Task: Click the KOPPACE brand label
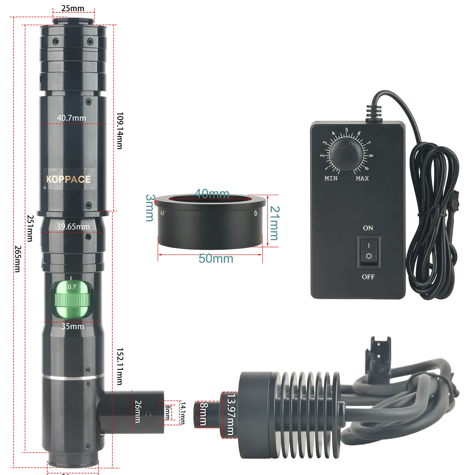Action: click(69, 179)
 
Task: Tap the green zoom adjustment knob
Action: click(72, 299)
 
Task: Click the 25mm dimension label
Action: click(73, 9)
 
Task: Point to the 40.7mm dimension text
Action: click(72, 118)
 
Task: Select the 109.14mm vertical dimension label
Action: click(120, 130)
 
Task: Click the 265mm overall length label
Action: click(17, 259)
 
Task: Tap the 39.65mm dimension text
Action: click(73, 227)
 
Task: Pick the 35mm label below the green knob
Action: click(73, 326)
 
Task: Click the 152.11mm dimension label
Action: click(120, 366)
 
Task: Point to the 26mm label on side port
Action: click(138, 411)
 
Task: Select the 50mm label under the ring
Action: click(216, 259)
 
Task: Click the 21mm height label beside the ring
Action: click(275, 223)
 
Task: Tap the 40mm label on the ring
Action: click(212, 193)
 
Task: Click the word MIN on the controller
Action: click(331, 179)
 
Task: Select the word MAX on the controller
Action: click(362, 179)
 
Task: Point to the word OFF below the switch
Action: click(368, 277)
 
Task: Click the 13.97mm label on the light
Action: click(231, 414)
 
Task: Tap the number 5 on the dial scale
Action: click(347, 130)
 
